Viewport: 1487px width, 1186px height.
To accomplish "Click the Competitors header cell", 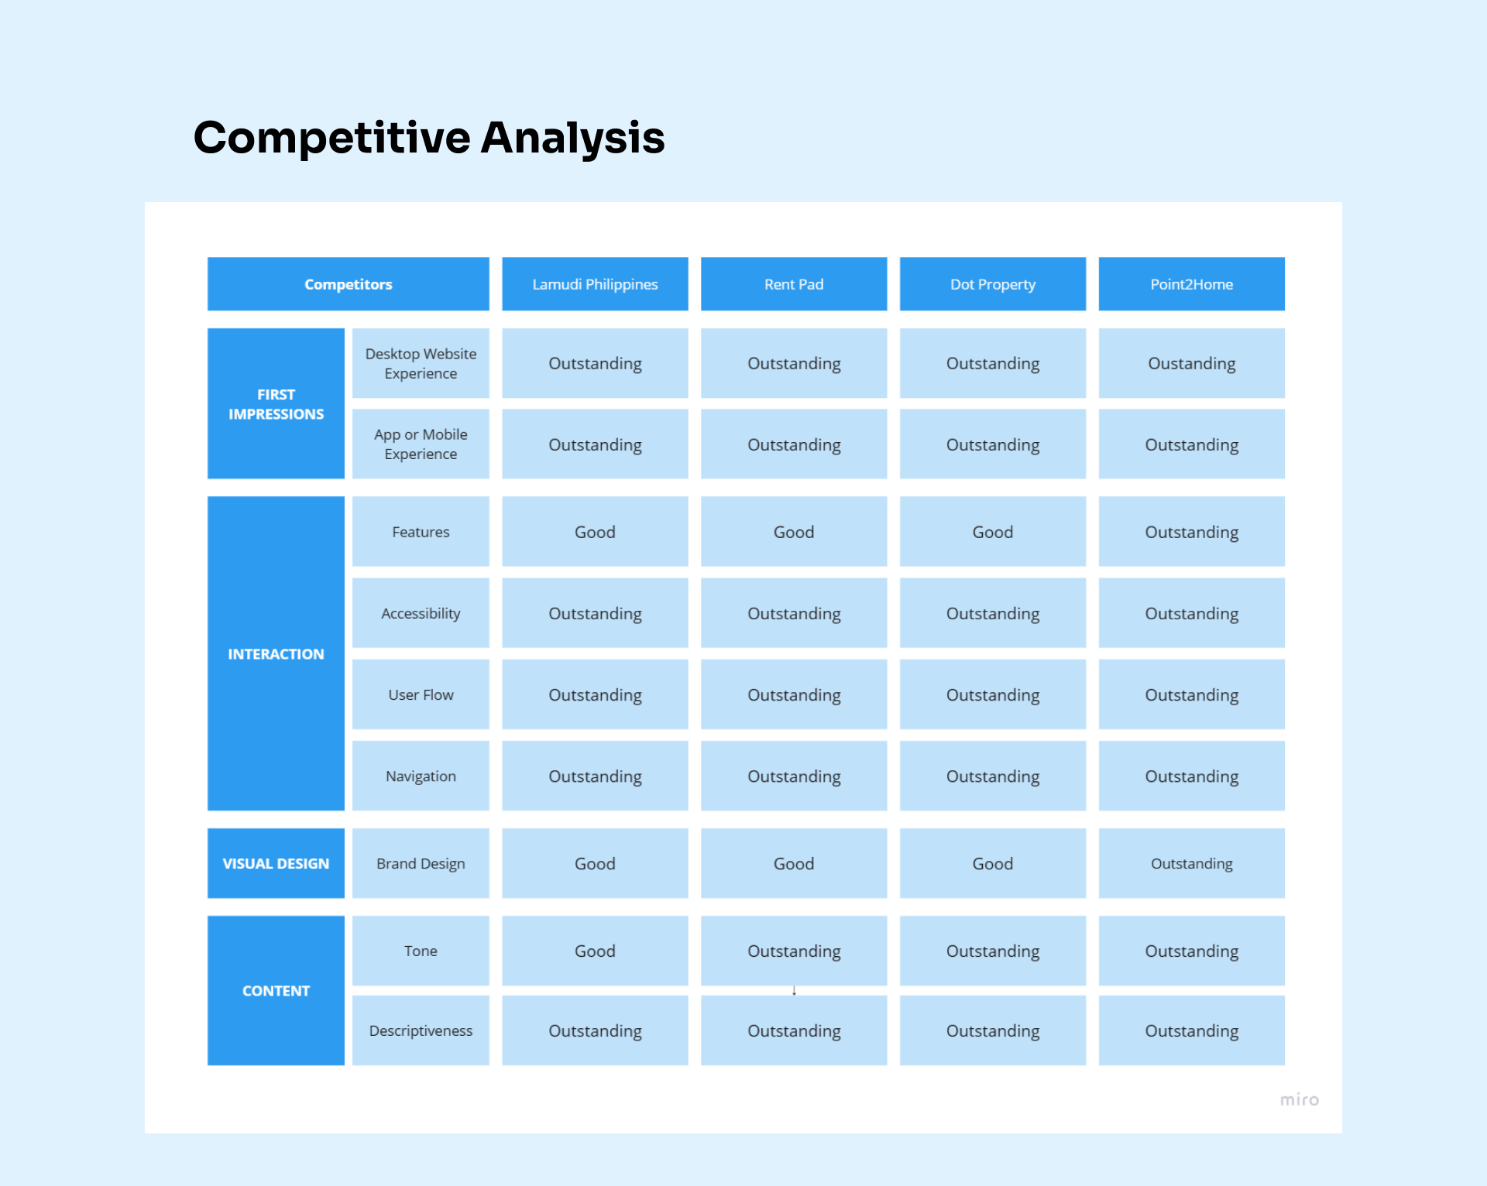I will coord(348,284).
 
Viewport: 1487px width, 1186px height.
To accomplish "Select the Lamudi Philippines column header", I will coord(595,284).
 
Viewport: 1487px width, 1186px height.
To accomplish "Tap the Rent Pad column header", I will coord(794,284).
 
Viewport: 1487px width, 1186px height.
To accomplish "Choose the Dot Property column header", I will coord(992,284).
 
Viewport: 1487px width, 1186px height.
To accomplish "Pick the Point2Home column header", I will coord(1191,284).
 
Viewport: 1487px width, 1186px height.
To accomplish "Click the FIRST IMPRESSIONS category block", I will coord(276,403).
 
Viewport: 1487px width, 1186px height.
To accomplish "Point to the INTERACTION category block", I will coord(276,653).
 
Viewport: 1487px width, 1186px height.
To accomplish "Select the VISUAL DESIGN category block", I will coord(276,863).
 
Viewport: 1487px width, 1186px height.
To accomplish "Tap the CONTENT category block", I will coord(276,990).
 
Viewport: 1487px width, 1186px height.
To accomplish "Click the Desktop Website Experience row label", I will coord(421,363).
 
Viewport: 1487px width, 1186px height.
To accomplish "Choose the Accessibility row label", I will coord(421,613).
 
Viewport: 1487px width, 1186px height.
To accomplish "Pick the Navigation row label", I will coord(421,776).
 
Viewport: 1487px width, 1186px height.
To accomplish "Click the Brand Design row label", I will coord(421,863).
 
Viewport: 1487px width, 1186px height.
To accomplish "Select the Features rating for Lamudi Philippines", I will coord(595,532).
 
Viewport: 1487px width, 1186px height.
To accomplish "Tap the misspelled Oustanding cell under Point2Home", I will coord(1191,363).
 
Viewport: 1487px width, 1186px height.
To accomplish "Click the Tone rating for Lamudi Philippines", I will coord(595,951).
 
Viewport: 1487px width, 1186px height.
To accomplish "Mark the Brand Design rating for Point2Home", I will coord(1191,863).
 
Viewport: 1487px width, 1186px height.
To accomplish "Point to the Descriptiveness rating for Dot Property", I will coord(992,1030).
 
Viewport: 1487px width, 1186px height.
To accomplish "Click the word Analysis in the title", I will coord(572,138).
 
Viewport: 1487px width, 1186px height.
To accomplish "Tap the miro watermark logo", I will coord(1299,1099).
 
